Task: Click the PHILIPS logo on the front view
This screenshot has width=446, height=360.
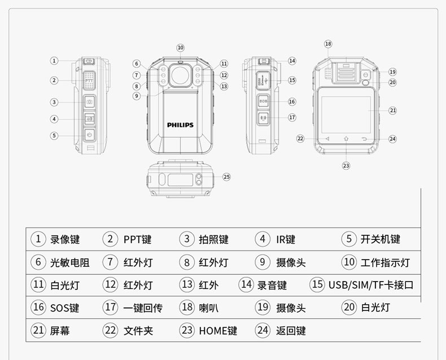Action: pos(180,125)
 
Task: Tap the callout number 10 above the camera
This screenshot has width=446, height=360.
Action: pos(180,48)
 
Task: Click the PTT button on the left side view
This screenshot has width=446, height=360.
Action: pos(89,81)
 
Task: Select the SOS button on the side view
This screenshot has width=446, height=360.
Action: pos(264,101)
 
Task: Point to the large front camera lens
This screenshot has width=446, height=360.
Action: pos(180,75)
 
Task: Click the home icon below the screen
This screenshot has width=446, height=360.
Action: pos(346,138)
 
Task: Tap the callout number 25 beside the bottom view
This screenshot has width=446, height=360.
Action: pos(226,177)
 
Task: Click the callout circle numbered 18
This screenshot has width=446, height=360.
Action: pos(328,44)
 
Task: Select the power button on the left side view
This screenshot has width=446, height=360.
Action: pos(89,135)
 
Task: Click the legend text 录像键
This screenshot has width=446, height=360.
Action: pos(65,239)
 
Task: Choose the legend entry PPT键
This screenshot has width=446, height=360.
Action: pos(137,239)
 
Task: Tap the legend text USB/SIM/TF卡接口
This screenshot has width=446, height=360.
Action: pos(371,284)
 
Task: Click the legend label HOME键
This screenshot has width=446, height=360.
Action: pos(218,331)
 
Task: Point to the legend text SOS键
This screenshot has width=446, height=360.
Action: pos(64,308)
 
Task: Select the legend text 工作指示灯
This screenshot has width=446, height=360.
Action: pos(385,262)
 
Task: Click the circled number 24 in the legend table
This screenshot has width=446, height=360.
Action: pos(263,330)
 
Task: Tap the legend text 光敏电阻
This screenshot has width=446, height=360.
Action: pos(69,262)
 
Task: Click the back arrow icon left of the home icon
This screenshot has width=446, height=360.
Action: pos(327,139)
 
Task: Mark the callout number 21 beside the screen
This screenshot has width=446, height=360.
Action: pos(392,111)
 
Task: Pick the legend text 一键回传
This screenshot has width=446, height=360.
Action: pos(143,308)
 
